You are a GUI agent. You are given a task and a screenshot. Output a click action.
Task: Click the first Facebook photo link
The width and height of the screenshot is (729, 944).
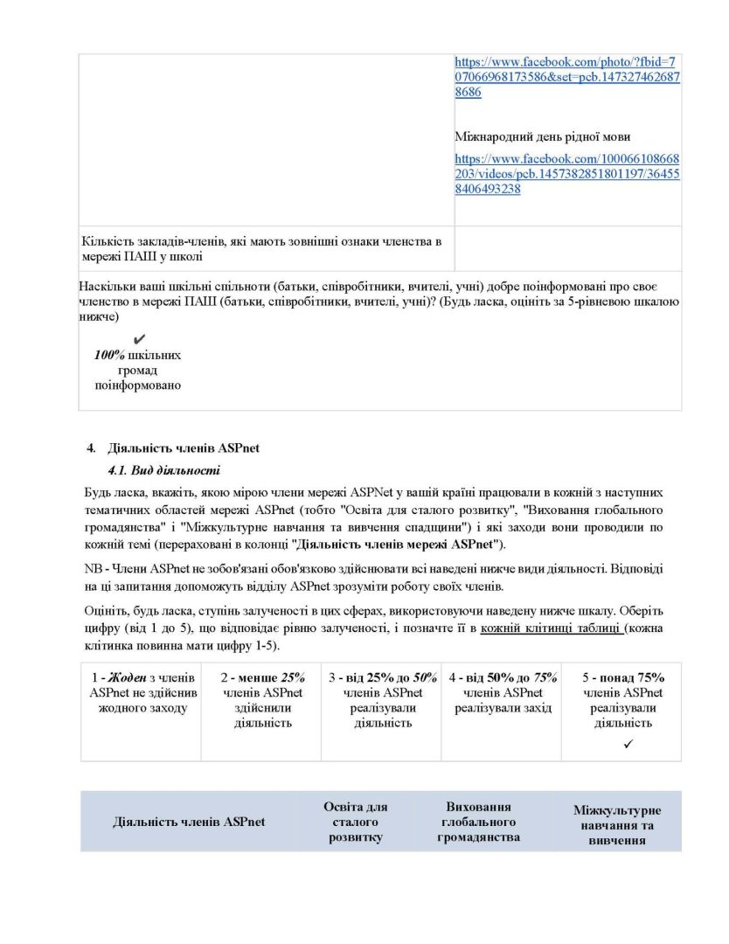point(566,77)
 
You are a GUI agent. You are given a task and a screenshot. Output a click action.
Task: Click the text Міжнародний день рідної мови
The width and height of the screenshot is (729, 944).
point(543,136)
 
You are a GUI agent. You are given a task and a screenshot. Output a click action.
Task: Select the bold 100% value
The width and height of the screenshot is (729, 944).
point(109,355)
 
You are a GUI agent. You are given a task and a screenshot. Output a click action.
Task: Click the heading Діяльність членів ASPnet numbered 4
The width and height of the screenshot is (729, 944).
point(183,448)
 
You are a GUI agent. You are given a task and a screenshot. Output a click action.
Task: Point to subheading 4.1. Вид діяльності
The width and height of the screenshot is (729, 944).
point(164,469)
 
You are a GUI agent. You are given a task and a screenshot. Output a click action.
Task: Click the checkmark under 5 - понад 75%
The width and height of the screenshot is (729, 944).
point(628,744)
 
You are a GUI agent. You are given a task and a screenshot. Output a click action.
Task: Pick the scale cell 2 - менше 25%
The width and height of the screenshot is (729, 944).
point(262,700)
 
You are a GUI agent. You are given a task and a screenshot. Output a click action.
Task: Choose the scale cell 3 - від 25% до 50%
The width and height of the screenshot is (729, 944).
point(382,700)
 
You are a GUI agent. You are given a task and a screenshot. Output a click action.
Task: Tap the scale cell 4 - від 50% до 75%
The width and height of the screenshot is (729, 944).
point(503,693)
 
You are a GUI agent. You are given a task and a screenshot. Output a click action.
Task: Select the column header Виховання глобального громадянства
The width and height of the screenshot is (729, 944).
point(478,822)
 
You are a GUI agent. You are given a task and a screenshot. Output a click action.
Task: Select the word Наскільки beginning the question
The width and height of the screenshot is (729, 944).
point(106,287)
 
